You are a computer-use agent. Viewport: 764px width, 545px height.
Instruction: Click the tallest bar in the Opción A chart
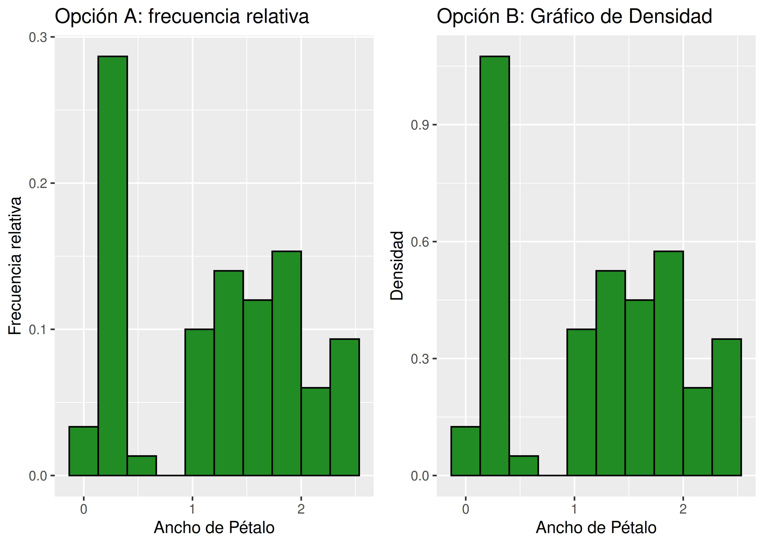(113, 265)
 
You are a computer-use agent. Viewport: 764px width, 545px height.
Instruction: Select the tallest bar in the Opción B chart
(495, 265)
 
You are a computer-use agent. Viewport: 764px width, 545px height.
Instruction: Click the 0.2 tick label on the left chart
(38, 183)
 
